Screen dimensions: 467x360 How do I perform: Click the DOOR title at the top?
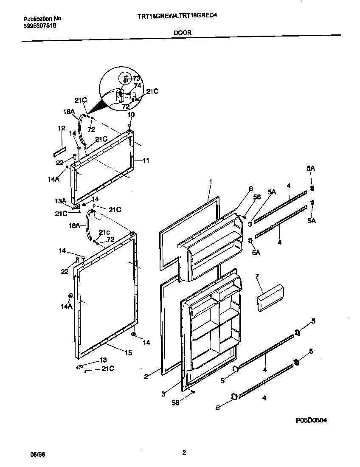click(182, 32)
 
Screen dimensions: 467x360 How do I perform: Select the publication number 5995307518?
click(39, 25)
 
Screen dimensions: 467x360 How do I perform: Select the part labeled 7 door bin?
click(270, 298)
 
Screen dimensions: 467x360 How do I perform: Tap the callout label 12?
click(62, 128)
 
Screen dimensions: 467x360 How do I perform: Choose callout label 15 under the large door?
click(128, 353)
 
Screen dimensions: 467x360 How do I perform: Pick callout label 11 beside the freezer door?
click(146, 160)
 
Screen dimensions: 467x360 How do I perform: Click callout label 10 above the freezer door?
click(131, 115)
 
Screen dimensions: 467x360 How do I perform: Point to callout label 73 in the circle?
click(136, 78)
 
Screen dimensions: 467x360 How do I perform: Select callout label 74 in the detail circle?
click(137, 85)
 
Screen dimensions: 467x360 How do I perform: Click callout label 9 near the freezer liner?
click(250, 188)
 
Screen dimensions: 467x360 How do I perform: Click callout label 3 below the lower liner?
click(163, 394)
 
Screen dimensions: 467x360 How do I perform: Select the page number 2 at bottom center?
click(184, 453)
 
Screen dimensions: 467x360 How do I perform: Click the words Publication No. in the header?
click(42, 19)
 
